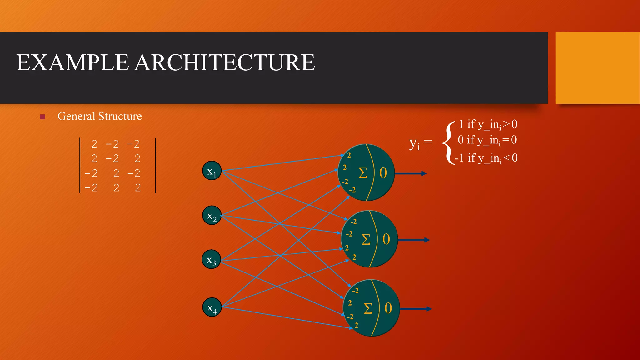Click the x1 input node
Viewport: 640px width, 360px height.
pyautogui.click(x=212, y=171)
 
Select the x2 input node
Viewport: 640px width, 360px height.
pyautogui.click(x=212, y=216)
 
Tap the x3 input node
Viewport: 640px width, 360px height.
pyautogui.click(x=212, y=259)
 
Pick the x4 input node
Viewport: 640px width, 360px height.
pyautogui.click(x=212, y=307)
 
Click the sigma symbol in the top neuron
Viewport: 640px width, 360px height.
pyautogui.click(x=363, y=173)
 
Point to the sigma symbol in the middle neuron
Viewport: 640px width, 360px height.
pyautogui.click(x=366, y=240)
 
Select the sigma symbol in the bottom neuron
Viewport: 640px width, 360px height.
pyautogui.click(x=368, y=309)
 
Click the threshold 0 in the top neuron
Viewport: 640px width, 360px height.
pyautogui.click(x=383, y=173)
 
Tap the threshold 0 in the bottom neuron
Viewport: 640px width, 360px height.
pyautogui.click(x=388, y=308)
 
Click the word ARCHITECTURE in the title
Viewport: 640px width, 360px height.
pyautogui.click(x=225, y=62)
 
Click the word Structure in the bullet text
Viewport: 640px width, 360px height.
pyautogui.click(x=120, y=116)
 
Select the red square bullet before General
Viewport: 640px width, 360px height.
pyautogui.click(x=43, y=117)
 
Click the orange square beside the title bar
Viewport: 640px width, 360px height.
pyautogui.click(x=597, y=68)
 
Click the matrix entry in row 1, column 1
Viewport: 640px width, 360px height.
pyautogui.click(x=94, y=144)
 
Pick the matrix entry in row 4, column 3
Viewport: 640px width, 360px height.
pyautogui.click(x=137, y=188)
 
